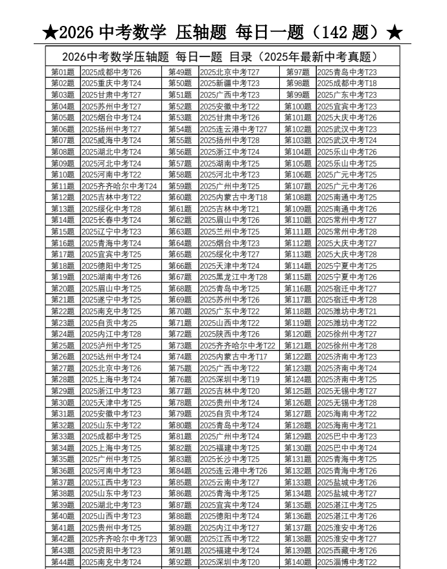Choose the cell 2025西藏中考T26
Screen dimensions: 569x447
(x=347, y=550)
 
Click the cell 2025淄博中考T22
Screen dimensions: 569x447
(x=347, y=562)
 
